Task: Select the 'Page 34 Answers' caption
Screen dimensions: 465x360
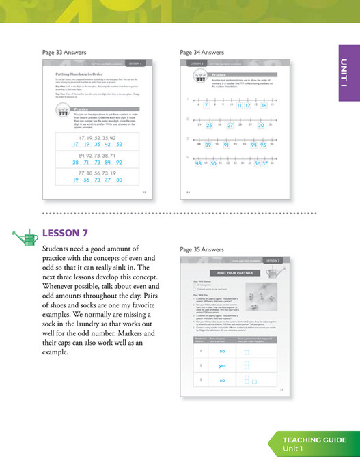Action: click(202, 52)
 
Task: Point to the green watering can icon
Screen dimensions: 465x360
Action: click(25, 236)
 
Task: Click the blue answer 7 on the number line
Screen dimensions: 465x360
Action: click(206, 106)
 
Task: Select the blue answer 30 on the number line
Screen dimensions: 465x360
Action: click(261, 126)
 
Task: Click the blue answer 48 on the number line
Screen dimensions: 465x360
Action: click(198, 164)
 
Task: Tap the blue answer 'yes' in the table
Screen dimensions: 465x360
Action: click(222, 365)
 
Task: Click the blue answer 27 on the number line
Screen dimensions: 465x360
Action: click(230, 126)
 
